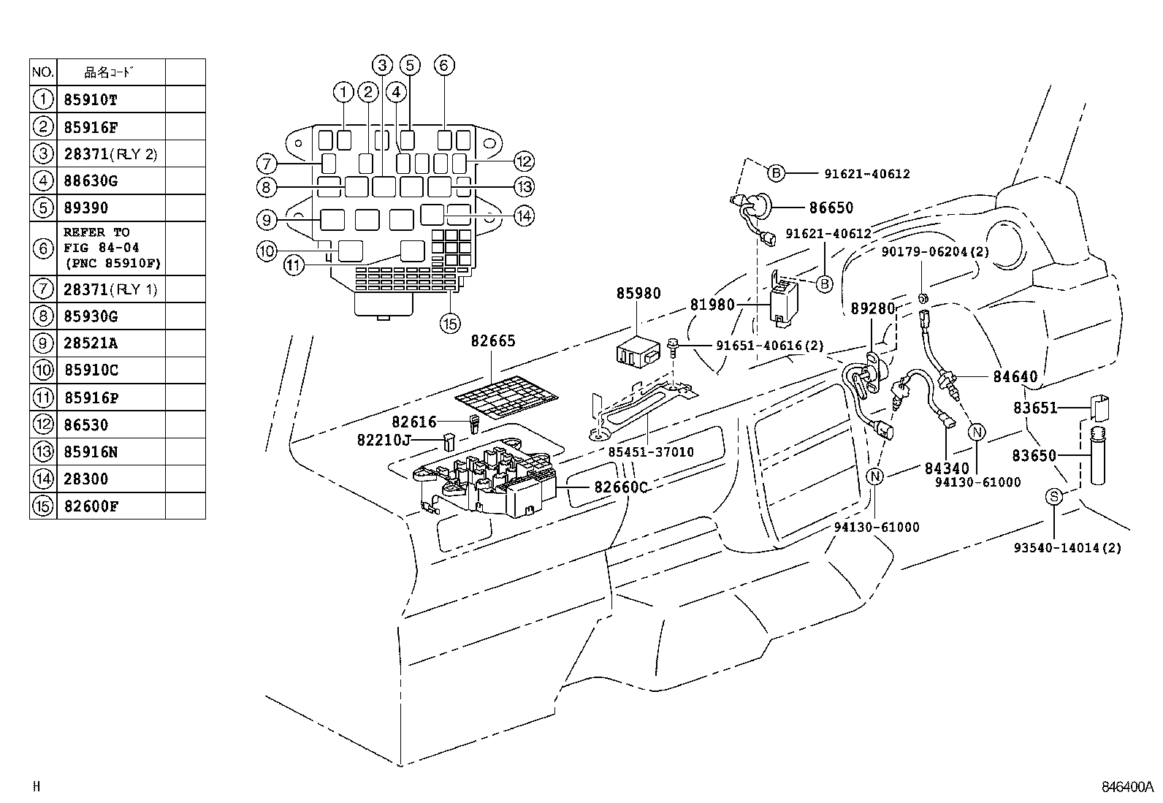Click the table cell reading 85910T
(x=91, y=99)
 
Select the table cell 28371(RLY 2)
(x=110, y=154)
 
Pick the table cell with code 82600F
(x=91, y=506)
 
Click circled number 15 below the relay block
(x=449, y=322)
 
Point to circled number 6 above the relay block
(x=443, y=65)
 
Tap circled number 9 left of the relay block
(x=267, y=219)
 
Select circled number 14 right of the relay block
(x=523, y=216)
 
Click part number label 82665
(x=492, y=341)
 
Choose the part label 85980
(x=638, y=293)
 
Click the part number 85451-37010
(x=651, y=452)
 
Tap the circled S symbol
(x=1053, y=496)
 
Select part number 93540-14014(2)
(x=1067, y=547)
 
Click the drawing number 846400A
(x=1127, y=788)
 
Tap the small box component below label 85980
(x=638, y=351)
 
